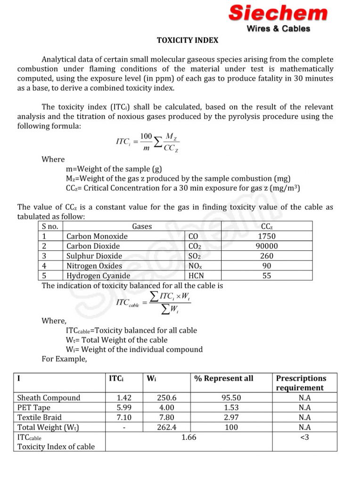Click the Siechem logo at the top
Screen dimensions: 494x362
[x=278, y=13]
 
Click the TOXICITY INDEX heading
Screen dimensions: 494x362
[x=188, y=41]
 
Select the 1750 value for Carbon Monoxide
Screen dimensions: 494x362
[x=267, y=236]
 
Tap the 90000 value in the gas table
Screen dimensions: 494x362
[x=267, y=246]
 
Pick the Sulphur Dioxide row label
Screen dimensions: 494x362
[x=94, y=256]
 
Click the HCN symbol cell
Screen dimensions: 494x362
[x=196, y=276]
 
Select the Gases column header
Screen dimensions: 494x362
[x=142, y=226]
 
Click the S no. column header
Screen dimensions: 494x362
[x=50, y=226]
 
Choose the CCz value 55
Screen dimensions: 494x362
[x=267, y=276]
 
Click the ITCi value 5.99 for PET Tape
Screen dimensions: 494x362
[x=124, y=408]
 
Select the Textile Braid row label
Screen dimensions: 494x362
[x=39, y=417]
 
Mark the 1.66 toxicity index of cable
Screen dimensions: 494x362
[x=189, y=437]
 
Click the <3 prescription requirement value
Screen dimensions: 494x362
[x=304, y=437]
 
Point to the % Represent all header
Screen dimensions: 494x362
[x=224, y=378]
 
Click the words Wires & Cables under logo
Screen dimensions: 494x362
[x=278, y=29]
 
